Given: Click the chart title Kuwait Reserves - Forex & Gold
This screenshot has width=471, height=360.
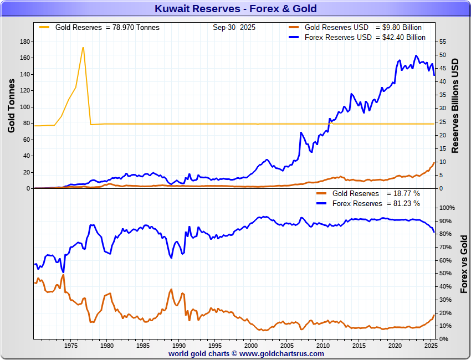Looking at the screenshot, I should (235, 8).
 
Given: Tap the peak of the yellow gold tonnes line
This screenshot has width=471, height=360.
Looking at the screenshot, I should (83, 48).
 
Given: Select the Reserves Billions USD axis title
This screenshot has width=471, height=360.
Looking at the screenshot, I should (456, 105).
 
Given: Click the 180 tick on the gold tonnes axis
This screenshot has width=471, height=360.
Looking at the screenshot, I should (24, 42).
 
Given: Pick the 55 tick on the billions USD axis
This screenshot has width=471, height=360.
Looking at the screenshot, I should (442, 42).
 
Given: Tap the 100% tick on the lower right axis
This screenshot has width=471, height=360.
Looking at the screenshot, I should (446, 208).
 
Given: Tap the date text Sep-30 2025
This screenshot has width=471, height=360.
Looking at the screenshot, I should (234, 28).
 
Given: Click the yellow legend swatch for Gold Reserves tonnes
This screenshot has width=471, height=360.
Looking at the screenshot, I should (44, 27).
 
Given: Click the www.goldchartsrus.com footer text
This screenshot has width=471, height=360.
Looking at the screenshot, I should (281, 353).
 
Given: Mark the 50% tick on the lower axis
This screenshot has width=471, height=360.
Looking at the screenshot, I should (444, 274).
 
